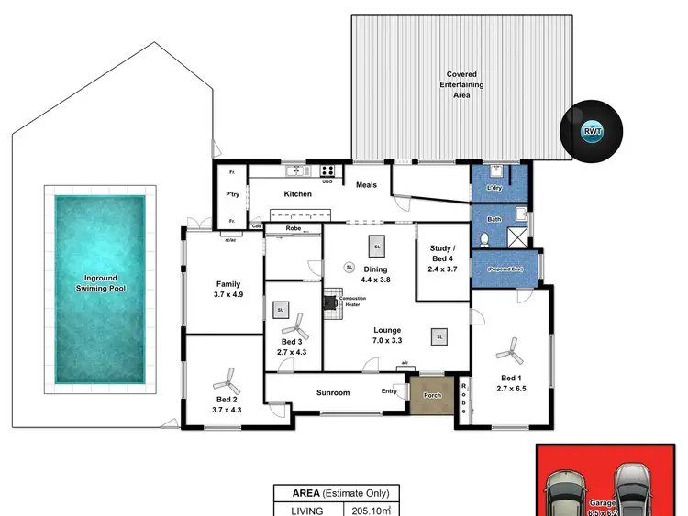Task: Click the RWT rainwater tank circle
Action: (594, 130)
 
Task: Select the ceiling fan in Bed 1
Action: (508, 349)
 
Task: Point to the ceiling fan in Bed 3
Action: (294, 324)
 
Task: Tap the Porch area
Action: (431, 396)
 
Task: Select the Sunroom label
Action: (333, 393)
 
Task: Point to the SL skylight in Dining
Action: (376, 245)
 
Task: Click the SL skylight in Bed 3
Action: (279, 311)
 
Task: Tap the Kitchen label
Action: (297, 194)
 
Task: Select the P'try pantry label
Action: (232, 194)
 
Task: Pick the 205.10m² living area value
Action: (372, 511)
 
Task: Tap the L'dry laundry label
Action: (496, 189)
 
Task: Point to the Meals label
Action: (367, 185)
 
